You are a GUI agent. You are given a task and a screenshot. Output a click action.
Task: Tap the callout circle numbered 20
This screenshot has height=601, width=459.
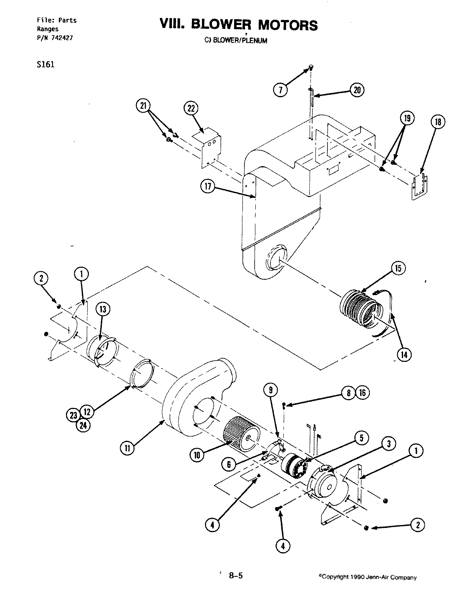point(357,90)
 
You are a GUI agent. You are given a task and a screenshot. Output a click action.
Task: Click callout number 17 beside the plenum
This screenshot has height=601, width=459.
point(207,187)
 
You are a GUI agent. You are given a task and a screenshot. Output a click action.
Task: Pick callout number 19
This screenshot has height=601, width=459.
point(407,119)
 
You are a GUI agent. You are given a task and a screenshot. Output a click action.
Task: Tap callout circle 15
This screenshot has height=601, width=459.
point(398,268)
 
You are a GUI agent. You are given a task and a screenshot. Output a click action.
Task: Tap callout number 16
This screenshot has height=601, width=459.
point(363,393)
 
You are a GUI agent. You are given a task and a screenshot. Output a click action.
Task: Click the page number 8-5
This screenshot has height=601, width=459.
point(236,576)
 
